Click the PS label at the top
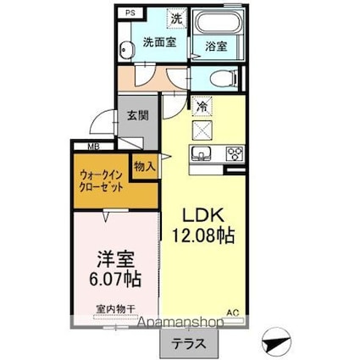click(x=130, y=14)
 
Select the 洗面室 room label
click(x=158, y=42)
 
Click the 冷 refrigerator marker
click(x=203, y=107)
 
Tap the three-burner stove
click(x=234, y=154)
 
